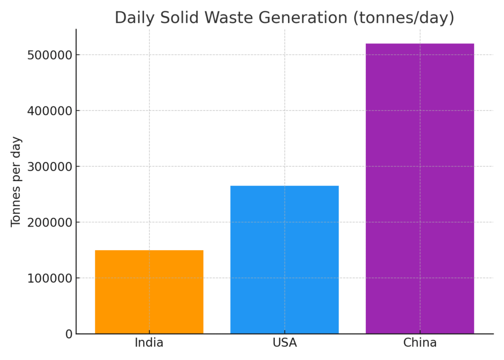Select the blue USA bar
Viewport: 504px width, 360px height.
[284, 260]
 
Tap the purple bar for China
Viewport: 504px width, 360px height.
[420, 189]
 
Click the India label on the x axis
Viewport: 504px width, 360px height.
[149, 343]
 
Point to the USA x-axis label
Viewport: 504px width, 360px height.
[284, 343]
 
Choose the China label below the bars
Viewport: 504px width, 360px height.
[420, 343]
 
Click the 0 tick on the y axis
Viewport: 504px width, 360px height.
[68, 334]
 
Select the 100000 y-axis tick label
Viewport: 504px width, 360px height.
[49, 278]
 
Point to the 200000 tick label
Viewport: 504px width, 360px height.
[49, 222]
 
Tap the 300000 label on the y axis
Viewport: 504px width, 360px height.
[49, 166]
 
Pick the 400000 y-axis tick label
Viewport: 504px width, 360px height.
[49, 111]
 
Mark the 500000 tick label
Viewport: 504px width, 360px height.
[49, 55]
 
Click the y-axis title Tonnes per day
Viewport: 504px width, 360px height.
[16, 181]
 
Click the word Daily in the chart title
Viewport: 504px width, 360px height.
[131, 18]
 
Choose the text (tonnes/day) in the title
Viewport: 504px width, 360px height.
[403, 18]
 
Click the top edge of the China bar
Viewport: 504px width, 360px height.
[420, 44]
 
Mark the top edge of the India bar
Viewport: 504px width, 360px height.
[149, 251]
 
